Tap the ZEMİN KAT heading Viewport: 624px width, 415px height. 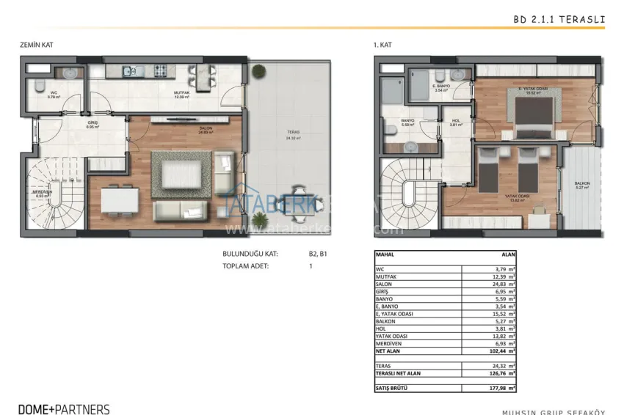click(x=37, y=45)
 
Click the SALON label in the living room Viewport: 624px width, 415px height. click(x=205, y=129)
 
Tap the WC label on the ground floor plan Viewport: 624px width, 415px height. click(x=53, y=94)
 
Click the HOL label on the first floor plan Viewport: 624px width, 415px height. click(x=455, y=122)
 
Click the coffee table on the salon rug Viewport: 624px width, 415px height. click(x=180, y=175)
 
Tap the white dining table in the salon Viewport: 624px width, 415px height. click(x=120, y=199)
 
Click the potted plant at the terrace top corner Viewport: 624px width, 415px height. click(x=259, y=71)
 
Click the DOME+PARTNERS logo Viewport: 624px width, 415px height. click(x=65, y=409)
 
